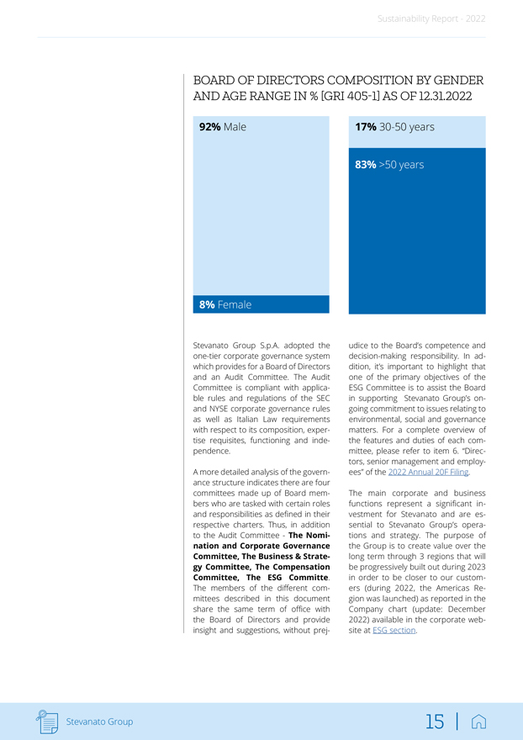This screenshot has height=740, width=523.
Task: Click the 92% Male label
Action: pos(222,127)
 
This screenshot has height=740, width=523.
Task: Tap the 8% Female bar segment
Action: pos(261,304)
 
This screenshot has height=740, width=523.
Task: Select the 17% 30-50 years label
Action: pos(394,127)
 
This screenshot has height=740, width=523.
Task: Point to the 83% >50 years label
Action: pos(388,165)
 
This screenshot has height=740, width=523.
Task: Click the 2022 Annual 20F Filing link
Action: pos(428,472)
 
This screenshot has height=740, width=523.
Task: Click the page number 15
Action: pos(435,721)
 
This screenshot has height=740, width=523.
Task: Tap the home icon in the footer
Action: pos(478,721)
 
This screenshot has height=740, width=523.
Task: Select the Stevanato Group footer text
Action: pos(99,721)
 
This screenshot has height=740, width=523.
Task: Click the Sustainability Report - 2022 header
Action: pos(431,18)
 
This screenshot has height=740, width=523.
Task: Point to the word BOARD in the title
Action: pos(215,81)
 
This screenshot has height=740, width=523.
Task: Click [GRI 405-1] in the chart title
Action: pos(377,97)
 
